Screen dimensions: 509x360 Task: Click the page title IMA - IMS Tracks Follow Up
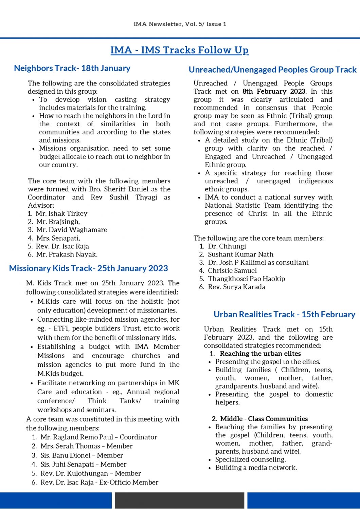click(x=179, y=50)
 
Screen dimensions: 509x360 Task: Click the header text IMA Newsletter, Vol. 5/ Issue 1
click(x=180, y=24)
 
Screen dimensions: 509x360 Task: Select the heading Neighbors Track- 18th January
click(x=72, y=68)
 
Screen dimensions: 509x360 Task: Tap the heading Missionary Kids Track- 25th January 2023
click(x=88, y=268)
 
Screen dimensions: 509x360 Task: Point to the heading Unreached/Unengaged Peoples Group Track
click(x=272, y=70)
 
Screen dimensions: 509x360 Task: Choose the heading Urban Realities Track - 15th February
click(x=284, y=315)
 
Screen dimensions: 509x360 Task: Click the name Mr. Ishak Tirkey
click(x=61, y=213)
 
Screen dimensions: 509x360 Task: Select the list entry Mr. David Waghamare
click(x=72, y=230)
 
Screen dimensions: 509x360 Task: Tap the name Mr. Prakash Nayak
click(x=67, y=254)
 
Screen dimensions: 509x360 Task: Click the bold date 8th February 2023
click(x=274, y=91)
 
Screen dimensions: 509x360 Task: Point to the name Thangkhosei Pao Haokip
click(x=246, y=279)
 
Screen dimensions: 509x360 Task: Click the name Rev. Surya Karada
click(x=236, y=287)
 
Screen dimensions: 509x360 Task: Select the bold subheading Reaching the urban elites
click(x=260, y=354)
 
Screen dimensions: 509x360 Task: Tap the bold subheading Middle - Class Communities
click(x=264, y=419)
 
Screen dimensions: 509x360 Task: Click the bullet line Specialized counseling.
click(x=250, y=459)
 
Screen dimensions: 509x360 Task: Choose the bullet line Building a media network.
click(x=256, y=468)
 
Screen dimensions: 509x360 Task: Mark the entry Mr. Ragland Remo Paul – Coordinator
click(x=99, y=437)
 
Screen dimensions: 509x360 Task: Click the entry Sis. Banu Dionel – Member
click(x=82, y=455)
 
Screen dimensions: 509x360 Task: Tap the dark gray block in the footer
click(x=179, y=501)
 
